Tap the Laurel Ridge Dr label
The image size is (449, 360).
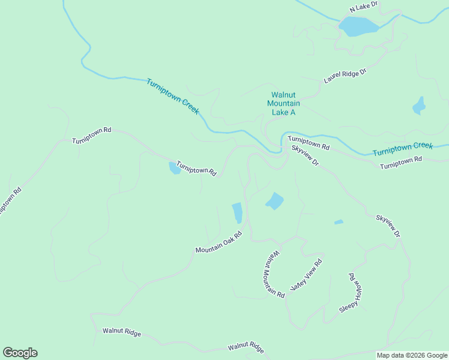point(345,76)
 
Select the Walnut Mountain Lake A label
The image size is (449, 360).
point(283,103)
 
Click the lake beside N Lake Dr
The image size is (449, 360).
point(358,26)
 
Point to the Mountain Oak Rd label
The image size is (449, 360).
point(218,242)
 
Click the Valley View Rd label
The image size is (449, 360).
point(306,275)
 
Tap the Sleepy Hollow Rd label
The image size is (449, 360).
point(352,292)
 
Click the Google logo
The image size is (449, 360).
point(20,353)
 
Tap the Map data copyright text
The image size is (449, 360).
point(412,355)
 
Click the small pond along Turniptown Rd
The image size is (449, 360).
point(175,168)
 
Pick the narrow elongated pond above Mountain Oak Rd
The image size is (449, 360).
point(237,212)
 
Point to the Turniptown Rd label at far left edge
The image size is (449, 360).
point(10,202)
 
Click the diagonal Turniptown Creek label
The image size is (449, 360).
point(172,97)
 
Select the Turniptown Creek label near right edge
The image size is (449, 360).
point(402,149)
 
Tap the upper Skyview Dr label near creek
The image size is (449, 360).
point(305,155)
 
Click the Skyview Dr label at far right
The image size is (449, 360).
point(387,225)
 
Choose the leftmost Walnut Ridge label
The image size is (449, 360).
point(121,331)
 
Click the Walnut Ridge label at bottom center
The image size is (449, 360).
point(246,347)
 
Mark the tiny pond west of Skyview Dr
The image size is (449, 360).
point(339,222)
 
